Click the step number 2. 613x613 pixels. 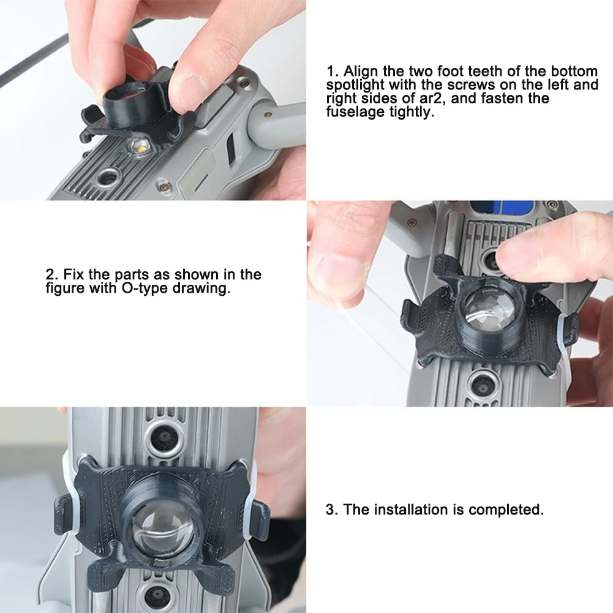[50, 274]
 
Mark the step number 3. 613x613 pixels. [330, 510]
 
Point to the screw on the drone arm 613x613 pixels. [268, 116]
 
